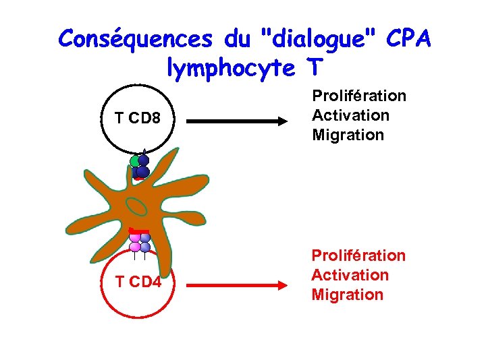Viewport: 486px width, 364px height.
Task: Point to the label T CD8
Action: point(137,119)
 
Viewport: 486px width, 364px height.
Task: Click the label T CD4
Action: point(138,282)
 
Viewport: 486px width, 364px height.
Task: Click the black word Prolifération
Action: point(358,96)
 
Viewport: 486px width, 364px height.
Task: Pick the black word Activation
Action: point(350,115)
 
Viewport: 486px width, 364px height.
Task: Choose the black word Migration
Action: point(348,135)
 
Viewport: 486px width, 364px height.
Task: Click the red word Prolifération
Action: point(358,255)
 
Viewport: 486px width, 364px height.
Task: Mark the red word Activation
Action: point(350,275)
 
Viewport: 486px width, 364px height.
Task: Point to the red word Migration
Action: point(347,295)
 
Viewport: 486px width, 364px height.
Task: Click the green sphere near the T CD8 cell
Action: point(135,162)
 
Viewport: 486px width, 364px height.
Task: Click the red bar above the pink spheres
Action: point(138,231)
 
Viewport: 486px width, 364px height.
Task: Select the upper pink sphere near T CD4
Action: point(135,237)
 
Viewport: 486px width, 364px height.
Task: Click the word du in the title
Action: point(236,39)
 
